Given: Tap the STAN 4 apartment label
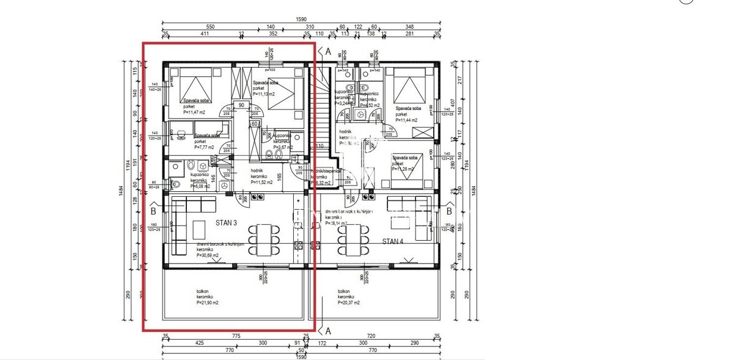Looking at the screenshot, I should coord(393,241).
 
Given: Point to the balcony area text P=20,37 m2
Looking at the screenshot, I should coord(348,303).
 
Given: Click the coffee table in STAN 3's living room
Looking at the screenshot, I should coord(199,229).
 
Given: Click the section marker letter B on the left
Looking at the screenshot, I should coord(152,212).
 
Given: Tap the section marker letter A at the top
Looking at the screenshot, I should coord(328,52).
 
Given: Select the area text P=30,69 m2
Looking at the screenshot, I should coord(211,255).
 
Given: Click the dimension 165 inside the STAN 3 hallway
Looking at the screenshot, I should coord(279,177).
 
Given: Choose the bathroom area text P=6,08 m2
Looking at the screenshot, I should coord(199,186).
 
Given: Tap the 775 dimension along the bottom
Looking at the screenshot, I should coord(235,336).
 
